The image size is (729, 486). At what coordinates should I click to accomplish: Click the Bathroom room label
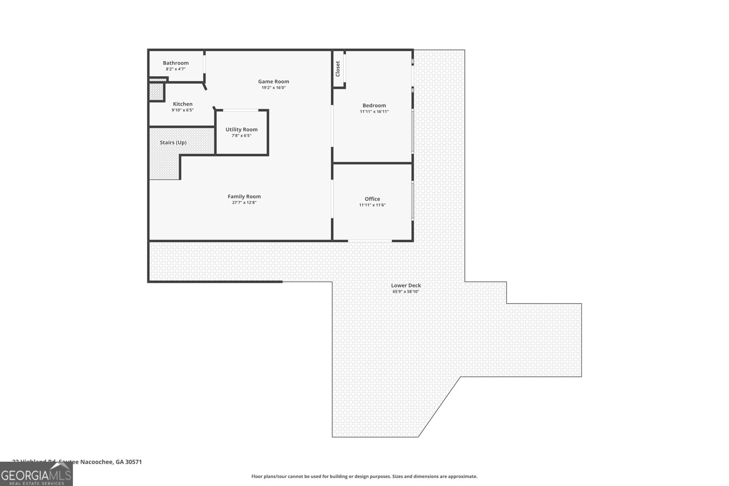pyautogui.click(x=175, y=63)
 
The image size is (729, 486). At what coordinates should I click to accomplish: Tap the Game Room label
pyautogui.click(x=273, y=82)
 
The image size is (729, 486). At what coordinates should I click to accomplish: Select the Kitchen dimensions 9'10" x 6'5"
pyautogui.click(x=183, y=110)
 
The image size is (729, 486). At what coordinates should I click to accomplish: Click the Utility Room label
pyautogui.click(x=241, y=129)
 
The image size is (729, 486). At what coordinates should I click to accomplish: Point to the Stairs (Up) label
pyautogui.click(x=173, y=143)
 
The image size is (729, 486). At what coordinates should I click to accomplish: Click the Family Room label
pyautogui.click(x=244, y=196)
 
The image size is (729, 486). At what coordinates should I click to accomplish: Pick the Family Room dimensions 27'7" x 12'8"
pyautogui.click(x=244, y=203)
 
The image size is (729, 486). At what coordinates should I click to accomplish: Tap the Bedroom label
pyautogui.click(x=374, y=105)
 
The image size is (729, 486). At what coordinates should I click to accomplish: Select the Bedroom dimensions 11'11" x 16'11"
pyautogui.click(x=374, y=112)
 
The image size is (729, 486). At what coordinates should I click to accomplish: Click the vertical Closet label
pyautogui.click(x=338, y=69)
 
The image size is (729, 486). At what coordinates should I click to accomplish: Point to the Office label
pyautogui.click(x=372, y=199)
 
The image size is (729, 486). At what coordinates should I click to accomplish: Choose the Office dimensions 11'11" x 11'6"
pyautogui.click(x=372, y=205)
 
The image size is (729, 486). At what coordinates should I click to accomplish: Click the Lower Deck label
pyautogui.click(x=406, y=285)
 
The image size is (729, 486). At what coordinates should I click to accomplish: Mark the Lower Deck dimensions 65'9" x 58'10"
pyautogui.click(x=406, y=292)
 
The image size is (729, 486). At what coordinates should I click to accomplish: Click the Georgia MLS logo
pyautogui.click(x=36, y=475)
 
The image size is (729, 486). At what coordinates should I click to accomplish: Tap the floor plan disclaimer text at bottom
pyautogui.click(x=364, y=476)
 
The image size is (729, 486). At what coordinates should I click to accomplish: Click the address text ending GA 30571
pyautogui.click(x=77, y=461)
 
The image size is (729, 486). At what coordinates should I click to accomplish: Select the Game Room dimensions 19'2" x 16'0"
pyautogui.click(x=273, y=87)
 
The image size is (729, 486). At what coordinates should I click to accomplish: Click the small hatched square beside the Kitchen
pyautogui.click(x=156, y=92)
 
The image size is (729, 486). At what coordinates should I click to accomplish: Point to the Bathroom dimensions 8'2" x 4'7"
pyautogui.click(x=175, y=69)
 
